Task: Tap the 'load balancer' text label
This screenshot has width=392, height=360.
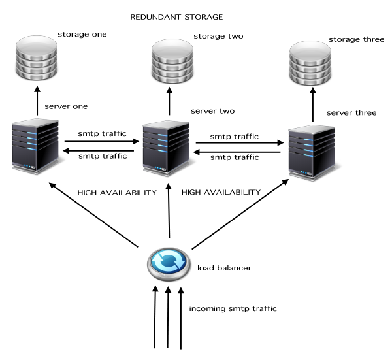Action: (x=224, y=268)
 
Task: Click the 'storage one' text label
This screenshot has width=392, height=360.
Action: (x=82, y=33)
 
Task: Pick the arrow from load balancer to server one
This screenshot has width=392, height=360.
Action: (x=95, y=216)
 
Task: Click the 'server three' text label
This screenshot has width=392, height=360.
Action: (x=351, y=113)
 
